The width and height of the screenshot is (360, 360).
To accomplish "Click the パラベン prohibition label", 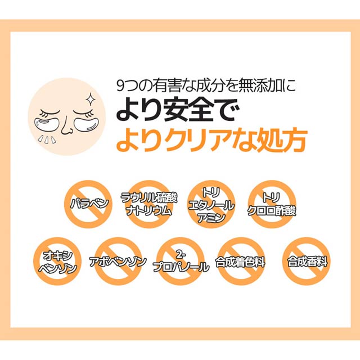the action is tap(89, 204).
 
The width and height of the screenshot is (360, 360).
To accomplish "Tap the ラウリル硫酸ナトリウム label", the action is tap(149, 204).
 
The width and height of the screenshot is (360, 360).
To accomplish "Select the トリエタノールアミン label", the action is tap(211, 205).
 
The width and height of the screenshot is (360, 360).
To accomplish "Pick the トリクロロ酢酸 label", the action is tap(272, 204).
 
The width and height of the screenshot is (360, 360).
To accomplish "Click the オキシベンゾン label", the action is tap(57, 262).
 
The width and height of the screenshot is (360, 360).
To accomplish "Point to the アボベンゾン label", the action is tap(118, 262).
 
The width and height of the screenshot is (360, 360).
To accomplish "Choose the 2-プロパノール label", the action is tap(181, 262).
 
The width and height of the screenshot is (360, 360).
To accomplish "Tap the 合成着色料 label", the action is tap(240, 262).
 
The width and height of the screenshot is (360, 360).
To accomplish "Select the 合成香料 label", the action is tap(307, 262).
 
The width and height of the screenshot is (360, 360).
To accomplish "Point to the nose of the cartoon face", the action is tap(66, 125).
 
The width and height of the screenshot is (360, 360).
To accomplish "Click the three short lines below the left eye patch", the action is tap(47, 139).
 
